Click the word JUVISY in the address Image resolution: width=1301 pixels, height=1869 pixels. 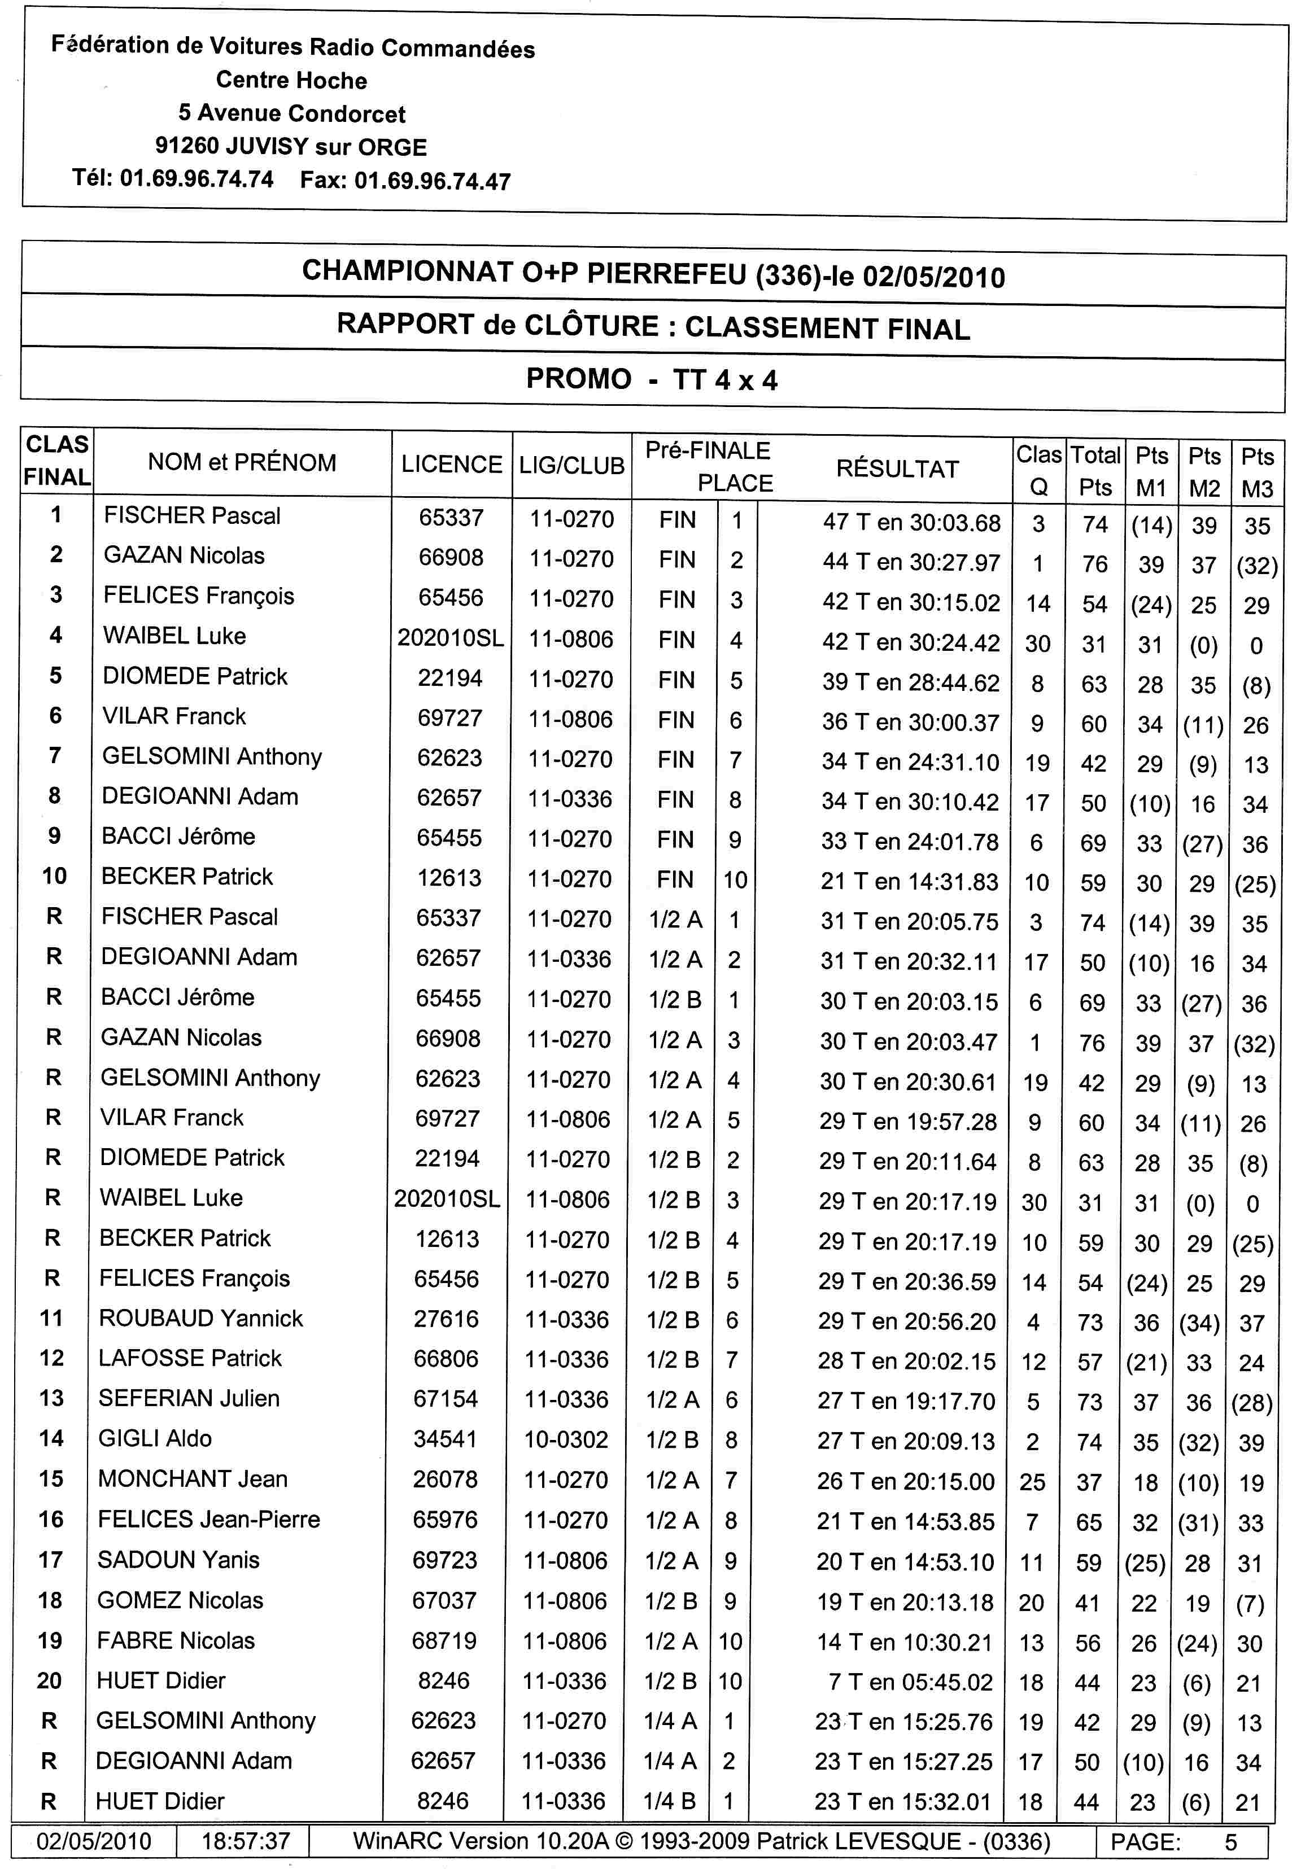(x=266, y=147)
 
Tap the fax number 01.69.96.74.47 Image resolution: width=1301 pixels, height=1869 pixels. (x=433, y=181)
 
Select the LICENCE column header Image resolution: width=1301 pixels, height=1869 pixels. (x=451, y=465)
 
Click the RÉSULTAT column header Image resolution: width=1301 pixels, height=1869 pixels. (x=897, y=469)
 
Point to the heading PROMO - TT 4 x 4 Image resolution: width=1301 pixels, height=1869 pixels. (x=651, y=379)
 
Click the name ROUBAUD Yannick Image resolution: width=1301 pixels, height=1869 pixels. (x=200, y=1318)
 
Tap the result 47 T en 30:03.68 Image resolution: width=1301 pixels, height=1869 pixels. (x=911, y=523)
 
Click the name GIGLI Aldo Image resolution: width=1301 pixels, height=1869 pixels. (x=155, y=1438)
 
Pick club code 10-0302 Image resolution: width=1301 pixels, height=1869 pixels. (x=566, y=1439)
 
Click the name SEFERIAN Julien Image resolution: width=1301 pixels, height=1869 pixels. (x=189, y=1398)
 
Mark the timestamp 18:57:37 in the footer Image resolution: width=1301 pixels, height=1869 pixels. (x=245, y=1841)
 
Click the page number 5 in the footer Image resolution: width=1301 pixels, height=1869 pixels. (x=1230, y=1842)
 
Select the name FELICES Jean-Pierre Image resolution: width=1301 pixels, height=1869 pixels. (x=208, y=1519)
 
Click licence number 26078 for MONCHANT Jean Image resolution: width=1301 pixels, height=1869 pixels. (x=444, y=1479)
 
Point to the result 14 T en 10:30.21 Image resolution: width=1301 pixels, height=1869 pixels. (x=905, y=1642)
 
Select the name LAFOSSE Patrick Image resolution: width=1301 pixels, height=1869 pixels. (x=190, y=1358)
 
